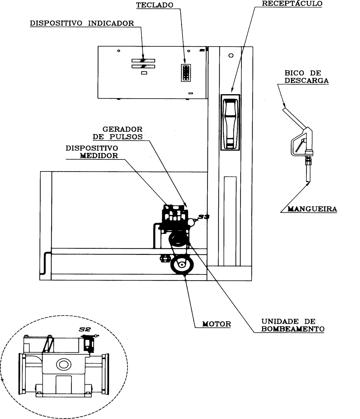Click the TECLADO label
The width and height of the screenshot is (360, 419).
pos(155,5)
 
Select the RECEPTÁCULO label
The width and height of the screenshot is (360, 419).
pos(292,3)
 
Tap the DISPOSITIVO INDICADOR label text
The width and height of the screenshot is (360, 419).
pos(82,23)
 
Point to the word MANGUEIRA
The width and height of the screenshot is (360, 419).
pos(312,209)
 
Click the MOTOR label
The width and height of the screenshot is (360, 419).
pos(217,324)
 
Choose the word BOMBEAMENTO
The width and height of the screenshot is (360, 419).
pos(293,329)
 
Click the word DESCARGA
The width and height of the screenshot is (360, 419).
pos(307,80)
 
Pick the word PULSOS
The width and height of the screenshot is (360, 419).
pos(126,137)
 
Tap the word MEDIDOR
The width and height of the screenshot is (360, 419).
pos(99,156)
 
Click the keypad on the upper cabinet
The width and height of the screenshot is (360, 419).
pos(186,73)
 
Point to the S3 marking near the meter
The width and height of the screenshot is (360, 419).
pos(204,217)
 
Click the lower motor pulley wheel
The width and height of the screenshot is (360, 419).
pos(182,265)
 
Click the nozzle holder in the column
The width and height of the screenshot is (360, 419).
pos(230,122)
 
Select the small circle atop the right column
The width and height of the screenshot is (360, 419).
pos(231,55)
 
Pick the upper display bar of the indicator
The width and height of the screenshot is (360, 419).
pos(143,61)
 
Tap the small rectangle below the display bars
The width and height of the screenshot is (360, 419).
pos(144,73)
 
